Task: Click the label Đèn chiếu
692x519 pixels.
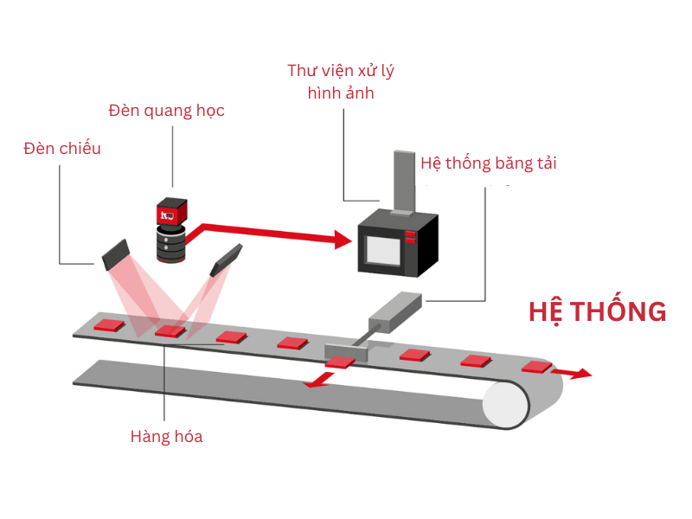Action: click(x=62, y=148)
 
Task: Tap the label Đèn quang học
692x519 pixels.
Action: click(x=167, y=111)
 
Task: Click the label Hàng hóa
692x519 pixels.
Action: click(x=166, y=436)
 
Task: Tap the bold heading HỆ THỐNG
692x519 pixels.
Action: click(x=597, y=311)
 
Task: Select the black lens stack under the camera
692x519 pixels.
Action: click(x=170, y=242)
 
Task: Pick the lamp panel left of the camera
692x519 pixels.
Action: click(x=115, y=252)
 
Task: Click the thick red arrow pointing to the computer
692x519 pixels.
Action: click(x=268, y=232)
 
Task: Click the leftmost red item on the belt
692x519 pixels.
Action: click(x=110, y=325)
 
